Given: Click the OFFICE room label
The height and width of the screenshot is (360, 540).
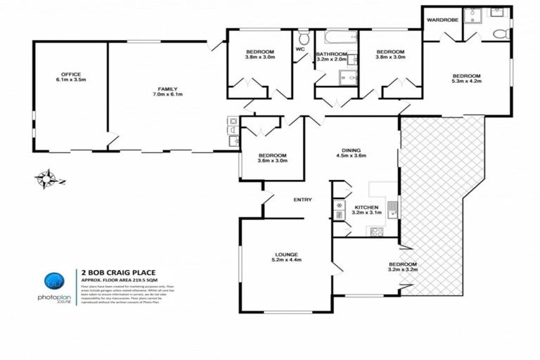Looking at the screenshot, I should (70, 74).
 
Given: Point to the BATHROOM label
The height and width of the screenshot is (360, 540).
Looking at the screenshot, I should (331, 54).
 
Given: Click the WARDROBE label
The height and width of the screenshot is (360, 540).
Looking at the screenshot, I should (442, 20).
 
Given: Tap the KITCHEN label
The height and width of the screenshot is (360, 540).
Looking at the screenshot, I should (366, 207).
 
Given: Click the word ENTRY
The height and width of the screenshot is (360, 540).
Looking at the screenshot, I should (302, 200).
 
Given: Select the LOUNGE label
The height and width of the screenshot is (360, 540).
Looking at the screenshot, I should (287, 255).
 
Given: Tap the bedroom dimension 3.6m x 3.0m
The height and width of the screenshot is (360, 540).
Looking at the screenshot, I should (271, 162).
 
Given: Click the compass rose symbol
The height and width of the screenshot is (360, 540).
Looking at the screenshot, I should (48, 179).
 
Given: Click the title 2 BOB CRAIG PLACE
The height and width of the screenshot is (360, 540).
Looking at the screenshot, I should (118, 272).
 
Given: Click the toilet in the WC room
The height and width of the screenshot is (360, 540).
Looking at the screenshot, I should (304, 37).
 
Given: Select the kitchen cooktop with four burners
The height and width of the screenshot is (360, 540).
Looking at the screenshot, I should (376, 231).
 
